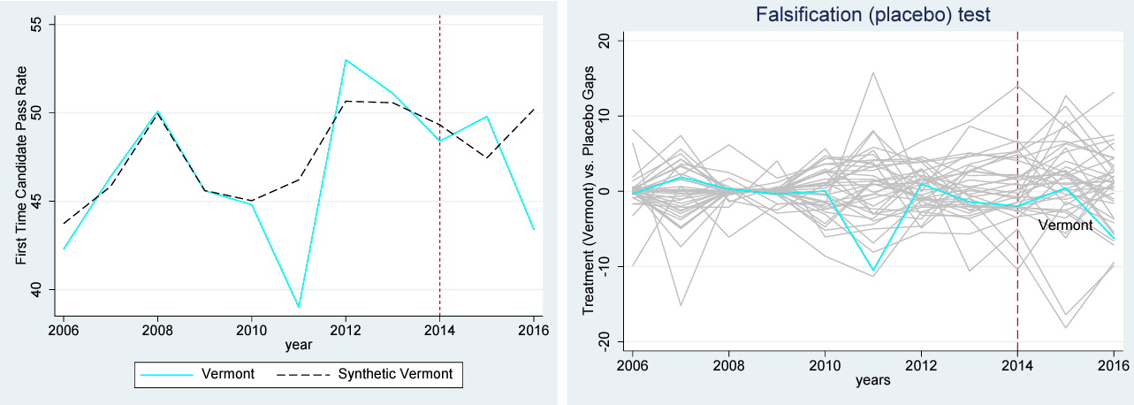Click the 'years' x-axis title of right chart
pyautogui.click(x=872, y=380)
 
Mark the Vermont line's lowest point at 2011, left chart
pyautogui.click(x=299, y=307)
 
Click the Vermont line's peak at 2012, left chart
pyautogui.click(x=346, y=60)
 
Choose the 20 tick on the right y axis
pyautogui.click(x=609, y=41)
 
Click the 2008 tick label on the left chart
pyautogui.click(x=157, y=330)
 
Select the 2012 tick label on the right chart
pyautogui.click(x=920, y=365)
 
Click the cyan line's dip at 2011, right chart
pyautogui.click(x=873, y=271)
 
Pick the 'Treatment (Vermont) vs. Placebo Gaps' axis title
pyautogui.click(x=588, y=192)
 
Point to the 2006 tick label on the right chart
pyautogui.click(x=632, y=365)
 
